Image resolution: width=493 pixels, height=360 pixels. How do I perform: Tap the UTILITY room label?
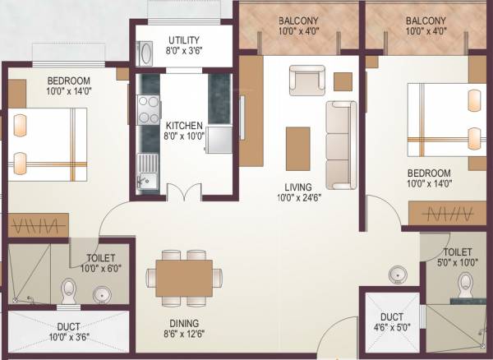click(183, 39)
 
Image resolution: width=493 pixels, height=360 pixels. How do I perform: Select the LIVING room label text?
click(293, 187)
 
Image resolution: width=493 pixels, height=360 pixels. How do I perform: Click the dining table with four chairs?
click(184, 277)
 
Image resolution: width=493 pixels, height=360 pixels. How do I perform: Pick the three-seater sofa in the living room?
click(340, 145)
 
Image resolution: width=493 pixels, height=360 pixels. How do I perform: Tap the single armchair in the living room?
click(305, 81)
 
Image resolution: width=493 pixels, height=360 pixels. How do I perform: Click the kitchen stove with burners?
click(149, 109)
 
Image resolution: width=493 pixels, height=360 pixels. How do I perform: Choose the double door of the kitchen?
click(183, 193)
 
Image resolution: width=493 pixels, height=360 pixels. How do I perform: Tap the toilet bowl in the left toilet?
click(69, 290)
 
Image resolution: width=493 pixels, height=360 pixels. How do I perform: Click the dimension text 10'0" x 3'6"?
click(69, 336)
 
